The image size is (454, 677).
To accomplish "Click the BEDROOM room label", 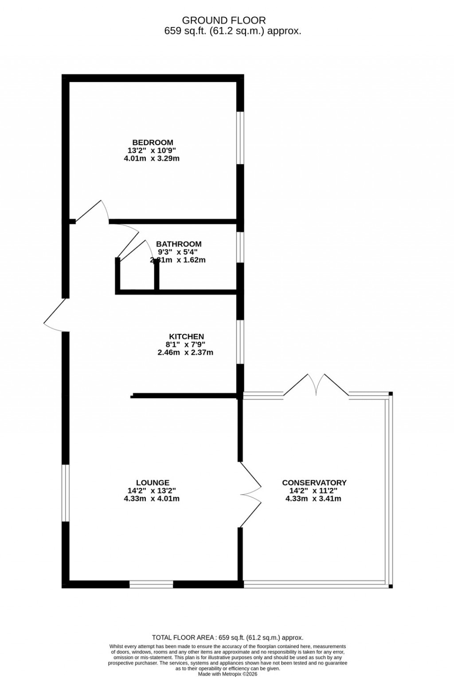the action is [x=153, y=142].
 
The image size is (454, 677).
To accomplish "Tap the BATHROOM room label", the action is [x=179, y=244].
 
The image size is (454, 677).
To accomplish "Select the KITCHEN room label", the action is [x=186, y=336].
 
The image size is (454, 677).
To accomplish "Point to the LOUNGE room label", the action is [x=153, y=483].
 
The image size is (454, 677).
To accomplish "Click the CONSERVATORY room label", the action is [x=314, y=483].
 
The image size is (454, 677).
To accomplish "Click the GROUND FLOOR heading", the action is [x=224, y=20].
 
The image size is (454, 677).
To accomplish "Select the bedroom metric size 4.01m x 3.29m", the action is [x=152, y=158].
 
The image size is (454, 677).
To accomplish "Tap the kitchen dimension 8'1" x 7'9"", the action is [x=186, y=344].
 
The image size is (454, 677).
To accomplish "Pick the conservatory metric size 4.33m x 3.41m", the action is [x=313, y=499].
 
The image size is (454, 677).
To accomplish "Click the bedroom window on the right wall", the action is [x=240, y=138].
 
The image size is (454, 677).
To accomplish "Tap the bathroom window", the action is [x=240, y=247].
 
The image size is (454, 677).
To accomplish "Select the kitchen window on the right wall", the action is [x=240, y=341].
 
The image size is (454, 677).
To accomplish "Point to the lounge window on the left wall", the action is [x=66, y=493].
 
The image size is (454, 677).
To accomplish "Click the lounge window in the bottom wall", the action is [x=151, y=584].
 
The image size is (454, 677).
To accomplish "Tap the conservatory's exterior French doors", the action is [x=316, y=384].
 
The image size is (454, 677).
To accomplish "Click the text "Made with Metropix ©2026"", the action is [x=227, y=674].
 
